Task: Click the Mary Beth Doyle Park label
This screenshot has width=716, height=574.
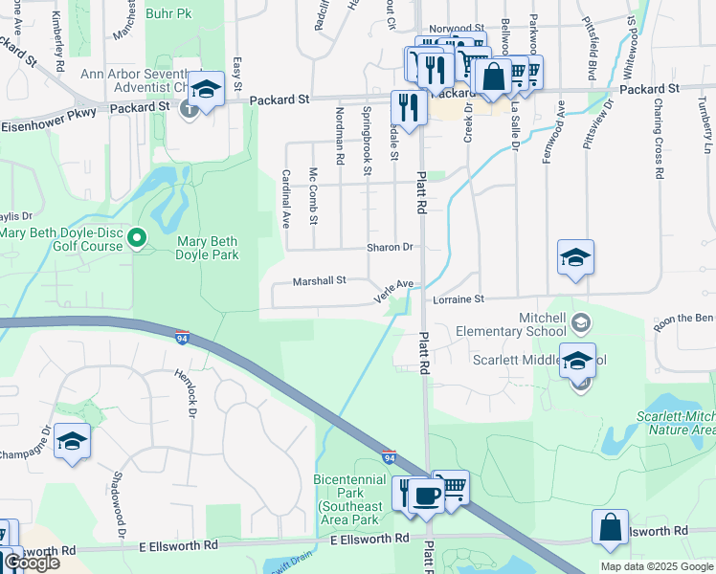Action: pyautogui.click(x=207, y=247)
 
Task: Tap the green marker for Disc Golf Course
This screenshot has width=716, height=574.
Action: pyautogui.click(x=137, y=237)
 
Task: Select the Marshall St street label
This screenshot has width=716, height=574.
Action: pyautogui.click(x=319, y=281)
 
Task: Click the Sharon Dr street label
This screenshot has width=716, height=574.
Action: pyautogui.click(x=389, y=247)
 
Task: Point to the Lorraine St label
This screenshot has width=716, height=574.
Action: pyautogui.click(x=459, y=299)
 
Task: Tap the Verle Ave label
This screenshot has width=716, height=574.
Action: pyautogui.click(x=392, y=291)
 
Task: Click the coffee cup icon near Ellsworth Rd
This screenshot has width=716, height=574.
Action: pyautogui.click(x=428, y=496)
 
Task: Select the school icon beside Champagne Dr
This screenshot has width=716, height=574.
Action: pyautogui.click(x=72, y=441)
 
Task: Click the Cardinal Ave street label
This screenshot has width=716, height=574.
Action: pyautogui.click(x=284, y=198)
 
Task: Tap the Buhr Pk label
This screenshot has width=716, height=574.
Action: pyautogui.click(x=168, y=14)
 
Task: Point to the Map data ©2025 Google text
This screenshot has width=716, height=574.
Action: pyautogui.click(x=657, y=566)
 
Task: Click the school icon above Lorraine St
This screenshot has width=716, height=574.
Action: pyautogui.click(x=575, y=257)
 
